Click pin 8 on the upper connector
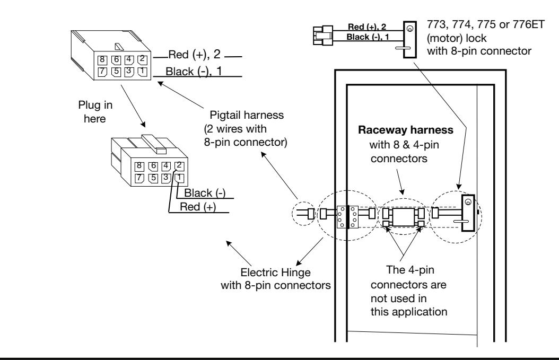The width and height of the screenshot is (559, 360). (x=102, y=59)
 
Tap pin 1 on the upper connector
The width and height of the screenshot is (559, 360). (x=142, y=71)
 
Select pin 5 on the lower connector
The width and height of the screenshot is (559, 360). (x=153, y=178)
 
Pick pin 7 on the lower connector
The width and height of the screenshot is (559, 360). (x=139, y=178)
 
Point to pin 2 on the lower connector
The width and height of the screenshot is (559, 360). (x=179, y=166)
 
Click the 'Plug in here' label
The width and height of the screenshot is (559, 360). (x=95, y=111)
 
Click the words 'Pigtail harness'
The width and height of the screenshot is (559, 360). (x=247, y=115)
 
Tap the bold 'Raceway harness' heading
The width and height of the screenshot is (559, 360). (x=406, y=130)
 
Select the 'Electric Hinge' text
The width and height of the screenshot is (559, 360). (x=276, y=273)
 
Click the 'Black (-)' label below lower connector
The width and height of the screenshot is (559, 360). (x=205, y=193)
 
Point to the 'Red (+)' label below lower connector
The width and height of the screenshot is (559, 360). (x=198, y=207)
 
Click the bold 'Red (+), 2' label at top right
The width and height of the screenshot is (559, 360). (x=367, y=27)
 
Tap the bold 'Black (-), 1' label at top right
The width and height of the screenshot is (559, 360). (x=368, y=37)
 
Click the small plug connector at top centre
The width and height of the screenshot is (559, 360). (x=323, y=36)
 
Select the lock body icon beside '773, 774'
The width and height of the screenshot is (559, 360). (x=409, y=39)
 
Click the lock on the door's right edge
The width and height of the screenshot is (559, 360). (x=468, y=213)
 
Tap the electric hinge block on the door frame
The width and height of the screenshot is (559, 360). (x=347, y=216)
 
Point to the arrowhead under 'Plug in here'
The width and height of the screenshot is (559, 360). (x=143, y=124)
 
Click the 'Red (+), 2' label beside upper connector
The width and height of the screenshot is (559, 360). (x=195, y=55)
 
